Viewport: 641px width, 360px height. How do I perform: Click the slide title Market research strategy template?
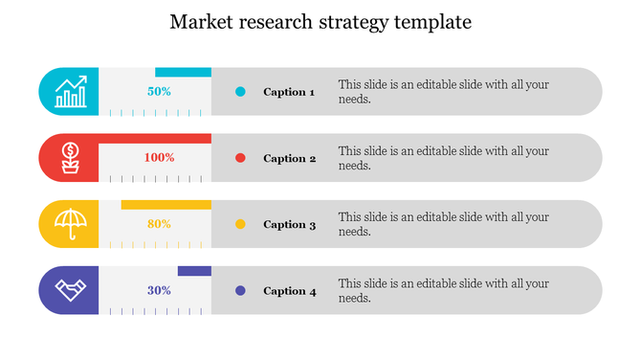[320, 22]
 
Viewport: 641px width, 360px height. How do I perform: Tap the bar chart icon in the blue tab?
[71, 92]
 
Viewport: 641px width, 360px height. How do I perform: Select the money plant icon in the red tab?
[70, 158]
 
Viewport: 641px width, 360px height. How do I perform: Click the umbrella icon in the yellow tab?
[70, 224]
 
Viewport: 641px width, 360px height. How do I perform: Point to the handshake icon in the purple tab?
[70, 290]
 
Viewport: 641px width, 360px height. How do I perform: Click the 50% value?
[159, 92]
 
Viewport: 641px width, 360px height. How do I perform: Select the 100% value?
[159, 158]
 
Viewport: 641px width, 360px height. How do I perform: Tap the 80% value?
[159, 224]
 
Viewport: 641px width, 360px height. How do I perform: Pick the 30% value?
[159, 290]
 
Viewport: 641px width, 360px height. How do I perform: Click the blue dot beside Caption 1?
[240, 92]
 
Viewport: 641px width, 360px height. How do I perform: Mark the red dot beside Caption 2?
[240, 158]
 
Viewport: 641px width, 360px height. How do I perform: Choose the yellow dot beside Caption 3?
[240, 224]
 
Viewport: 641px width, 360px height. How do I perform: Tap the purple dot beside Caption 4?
[240, 290]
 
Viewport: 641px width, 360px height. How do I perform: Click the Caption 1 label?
[289, 92]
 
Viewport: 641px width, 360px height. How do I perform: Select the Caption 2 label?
[289, 158]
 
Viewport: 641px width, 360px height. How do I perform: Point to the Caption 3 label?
[289, 224]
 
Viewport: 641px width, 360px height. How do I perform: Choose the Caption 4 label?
[289, 290]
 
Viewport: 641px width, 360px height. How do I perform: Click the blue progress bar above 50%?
[183, 72]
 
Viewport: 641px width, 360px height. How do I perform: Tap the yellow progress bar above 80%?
[166, 204]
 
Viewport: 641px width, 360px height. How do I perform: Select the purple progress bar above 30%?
[194, 271]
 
